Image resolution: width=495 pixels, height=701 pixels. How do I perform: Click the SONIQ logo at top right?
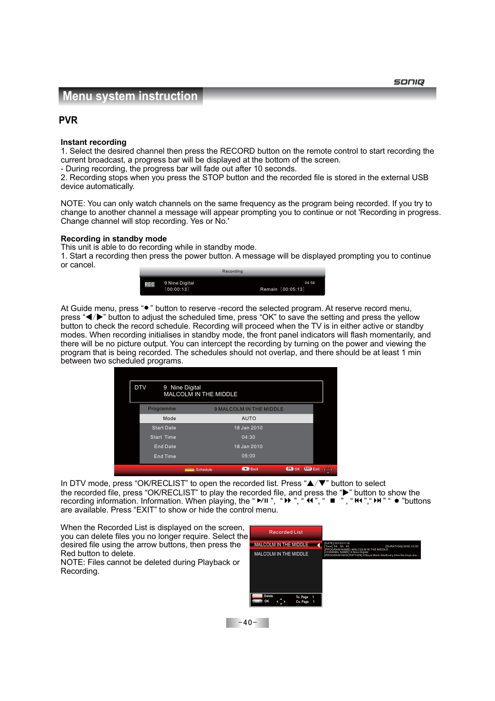(x=409, y=82)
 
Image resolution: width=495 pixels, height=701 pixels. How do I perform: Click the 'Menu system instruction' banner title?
(x=130, y=96)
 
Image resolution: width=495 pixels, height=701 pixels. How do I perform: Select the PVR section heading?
(x=68, y=120)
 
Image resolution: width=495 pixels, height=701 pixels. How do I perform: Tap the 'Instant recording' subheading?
(x=93, y=142)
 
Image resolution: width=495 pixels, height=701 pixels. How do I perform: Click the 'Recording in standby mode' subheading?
(x=114, y=239)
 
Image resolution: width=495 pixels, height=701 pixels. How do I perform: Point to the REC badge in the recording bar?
(x=149, y=285)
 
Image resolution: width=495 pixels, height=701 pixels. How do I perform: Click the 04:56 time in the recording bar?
(x=310, y=283)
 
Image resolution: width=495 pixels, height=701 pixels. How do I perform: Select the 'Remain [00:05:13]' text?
(x=282, y=290)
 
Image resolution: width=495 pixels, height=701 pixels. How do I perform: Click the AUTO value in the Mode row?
(x=249, y=419)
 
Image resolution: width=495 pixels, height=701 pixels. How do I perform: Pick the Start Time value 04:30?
(x=248, y=437)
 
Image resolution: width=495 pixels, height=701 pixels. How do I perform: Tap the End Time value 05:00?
(x=248, y=456)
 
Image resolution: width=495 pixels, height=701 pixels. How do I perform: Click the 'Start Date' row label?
(x=164, y=428)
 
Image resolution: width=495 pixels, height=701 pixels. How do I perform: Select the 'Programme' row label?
(x=162, y=409)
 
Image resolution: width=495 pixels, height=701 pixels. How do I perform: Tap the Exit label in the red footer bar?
(x=315, y=469)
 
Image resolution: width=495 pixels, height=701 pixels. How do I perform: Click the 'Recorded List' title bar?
(x=286, y=532)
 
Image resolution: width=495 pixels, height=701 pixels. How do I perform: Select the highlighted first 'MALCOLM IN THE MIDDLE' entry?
(x=281, y=545)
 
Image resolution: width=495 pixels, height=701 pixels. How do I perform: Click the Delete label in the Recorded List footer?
(x=268, y=596)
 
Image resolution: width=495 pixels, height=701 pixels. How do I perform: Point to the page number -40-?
(x=247, y=623)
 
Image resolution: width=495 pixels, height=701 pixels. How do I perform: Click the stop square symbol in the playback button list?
(x=333, y=501)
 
